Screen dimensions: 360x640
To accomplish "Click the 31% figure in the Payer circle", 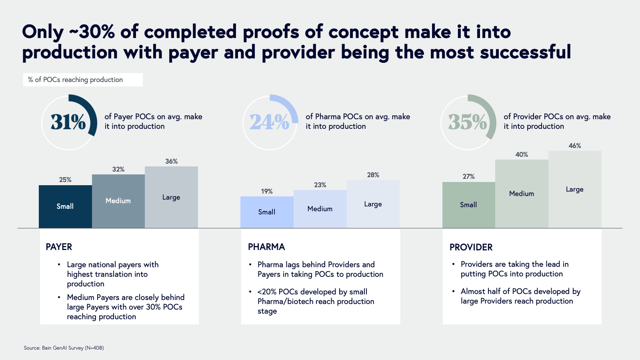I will (x=68, y=122).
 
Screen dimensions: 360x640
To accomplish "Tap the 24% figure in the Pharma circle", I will (x=269, y=122).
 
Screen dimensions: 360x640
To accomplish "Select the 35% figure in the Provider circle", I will (x=467, y=122).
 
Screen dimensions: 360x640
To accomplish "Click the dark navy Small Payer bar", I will (x=65, y=206).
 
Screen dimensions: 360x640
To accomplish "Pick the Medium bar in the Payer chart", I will (x=118, y=201).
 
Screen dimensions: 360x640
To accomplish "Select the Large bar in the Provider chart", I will (x=574, y=189).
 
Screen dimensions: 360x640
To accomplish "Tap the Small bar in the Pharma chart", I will (x=266, y=212).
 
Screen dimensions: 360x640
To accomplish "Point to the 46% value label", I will (x=574, y=146).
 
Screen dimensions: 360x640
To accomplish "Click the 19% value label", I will (x=266, y=192).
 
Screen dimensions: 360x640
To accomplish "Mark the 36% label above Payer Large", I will (x=171, y=162).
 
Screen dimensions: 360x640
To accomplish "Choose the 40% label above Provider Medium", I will (x=521, y=155).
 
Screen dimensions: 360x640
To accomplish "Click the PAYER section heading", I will (x=59, y=247).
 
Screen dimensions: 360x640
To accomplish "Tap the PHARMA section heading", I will (x=266, y=247).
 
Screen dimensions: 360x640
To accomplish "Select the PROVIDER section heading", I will (x=471, y=247).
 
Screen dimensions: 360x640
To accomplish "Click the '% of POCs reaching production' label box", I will (x=83, y=80).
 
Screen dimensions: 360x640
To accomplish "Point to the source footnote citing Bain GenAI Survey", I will (x=64, y=348).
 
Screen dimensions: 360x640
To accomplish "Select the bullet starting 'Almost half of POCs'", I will (x=520, y=296).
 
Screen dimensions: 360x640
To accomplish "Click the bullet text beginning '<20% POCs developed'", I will (x=316, y=301).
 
